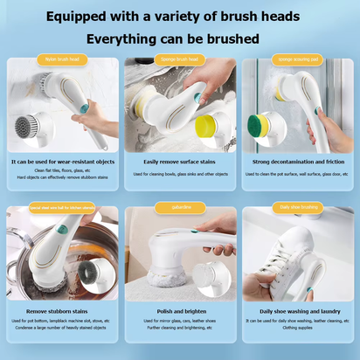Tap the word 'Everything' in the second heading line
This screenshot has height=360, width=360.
coord(124,39)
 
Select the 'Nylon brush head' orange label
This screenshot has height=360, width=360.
coord(62,59)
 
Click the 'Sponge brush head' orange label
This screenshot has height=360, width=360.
coord(180,59)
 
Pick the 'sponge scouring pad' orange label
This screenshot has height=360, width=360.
coord(297,59)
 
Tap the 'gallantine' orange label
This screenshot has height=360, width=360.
coord(180,208)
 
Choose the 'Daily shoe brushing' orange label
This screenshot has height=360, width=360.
coord(297,208)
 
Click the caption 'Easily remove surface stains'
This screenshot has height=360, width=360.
coord(180,162)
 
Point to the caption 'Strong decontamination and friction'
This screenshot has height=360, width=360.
coord(297,162)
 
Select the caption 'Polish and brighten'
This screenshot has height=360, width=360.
coord(180,310)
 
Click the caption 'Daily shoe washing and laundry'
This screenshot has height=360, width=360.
coord(297,310)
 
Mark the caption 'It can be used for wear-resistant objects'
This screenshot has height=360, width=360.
coord(62,162)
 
